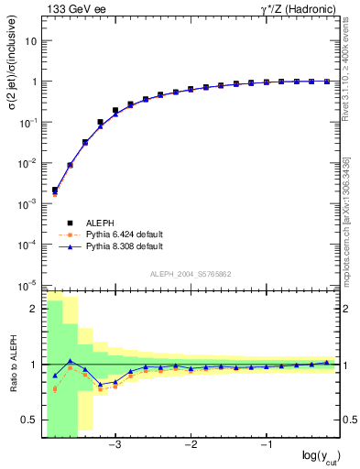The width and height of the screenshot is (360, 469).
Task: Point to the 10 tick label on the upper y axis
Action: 31,41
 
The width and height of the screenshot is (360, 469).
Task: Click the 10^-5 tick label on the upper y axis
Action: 29,284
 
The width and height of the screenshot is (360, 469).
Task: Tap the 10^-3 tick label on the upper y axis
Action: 29,203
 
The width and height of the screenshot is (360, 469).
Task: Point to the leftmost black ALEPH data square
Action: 55,191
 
